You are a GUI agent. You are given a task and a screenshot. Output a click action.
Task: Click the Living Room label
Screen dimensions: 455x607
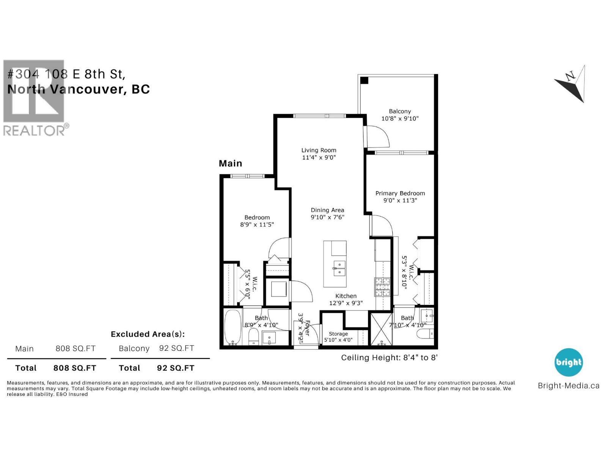(x=319, y=150)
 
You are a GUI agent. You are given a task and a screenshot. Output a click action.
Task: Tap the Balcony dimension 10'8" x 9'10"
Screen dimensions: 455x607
(x=400, y=118)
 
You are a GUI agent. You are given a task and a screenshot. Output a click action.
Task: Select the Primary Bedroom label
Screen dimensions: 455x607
(x=400, y=193)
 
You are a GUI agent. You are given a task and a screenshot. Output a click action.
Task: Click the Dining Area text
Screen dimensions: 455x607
(x=327, y=210)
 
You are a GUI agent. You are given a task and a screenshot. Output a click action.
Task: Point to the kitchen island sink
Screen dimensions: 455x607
(x=339, y=268)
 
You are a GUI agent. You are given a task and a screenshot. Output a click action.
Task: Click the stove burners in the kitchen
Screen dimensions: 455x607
(x=382, y=287)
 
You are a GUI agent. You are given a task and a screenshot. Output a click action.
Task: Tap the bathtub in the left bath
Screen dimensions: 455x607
(x=233, y=327)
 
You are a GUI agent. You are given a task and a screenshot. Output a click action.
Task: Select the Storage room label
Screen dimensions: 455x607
(x=338, y=334)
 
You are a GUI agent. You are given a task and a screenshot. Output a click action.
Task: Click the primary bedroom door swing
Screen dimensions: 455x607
(x=382, y=226)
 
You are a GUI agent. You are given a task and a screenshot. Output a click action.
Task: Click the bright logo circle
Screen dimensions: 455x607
(x=568, y=362)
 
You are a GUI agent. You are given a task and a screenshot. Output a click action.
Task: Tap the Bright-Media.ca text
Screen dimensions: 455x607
(x=568, y=386)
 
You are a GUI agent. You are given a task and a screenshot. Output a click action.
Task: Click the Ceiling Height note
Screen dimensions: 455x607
(x=389, y=357)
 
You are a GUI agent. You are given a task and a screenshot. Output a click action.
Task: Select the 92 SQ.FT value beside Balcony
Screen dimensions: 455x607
(x=176, y=348)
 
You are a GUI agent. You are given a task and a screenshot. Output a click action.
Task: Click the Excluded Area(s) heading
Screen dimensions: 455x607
(x=148, y=334)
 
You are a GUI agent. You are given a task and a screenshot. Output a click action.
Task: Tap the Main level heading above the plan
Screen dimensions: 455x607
(x=230, y=163)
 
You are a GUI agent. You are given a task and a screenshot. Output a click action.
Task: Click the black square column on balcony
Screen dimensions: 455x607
(x=364, y=80)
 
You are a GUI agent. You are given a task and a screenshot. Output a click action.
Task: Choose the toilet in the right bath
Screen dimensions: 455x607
(x=425, y=334)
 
